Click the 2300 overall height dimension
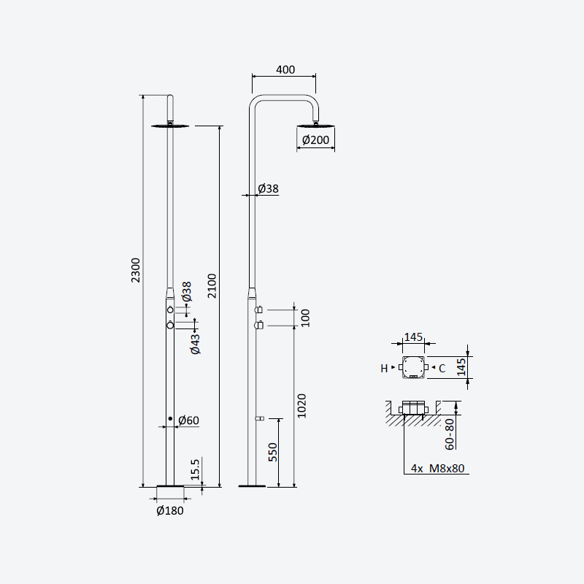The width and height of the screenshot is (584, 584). coord(136,270)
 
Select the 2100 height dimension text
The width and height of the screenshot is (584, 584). coord(212,285)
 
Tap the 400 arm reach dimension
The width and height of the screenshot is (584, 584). coord(285,69)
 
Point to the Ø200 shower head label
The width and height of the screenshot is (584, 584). coord(315,140)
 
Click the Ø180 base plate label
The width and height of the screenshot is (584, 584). coord(170,510)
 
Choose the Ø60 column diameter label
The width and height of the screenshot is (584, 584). coord(189,420)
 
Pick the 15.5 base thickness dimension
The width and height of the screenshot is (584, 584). coord(195,469)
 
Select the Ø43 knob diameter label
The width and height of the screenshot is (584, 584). coord(195,344)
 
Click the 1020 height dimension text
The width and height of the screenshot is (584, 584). coord(301,406)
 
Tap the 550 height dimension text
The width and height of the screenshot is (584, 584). coord(273,452)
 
